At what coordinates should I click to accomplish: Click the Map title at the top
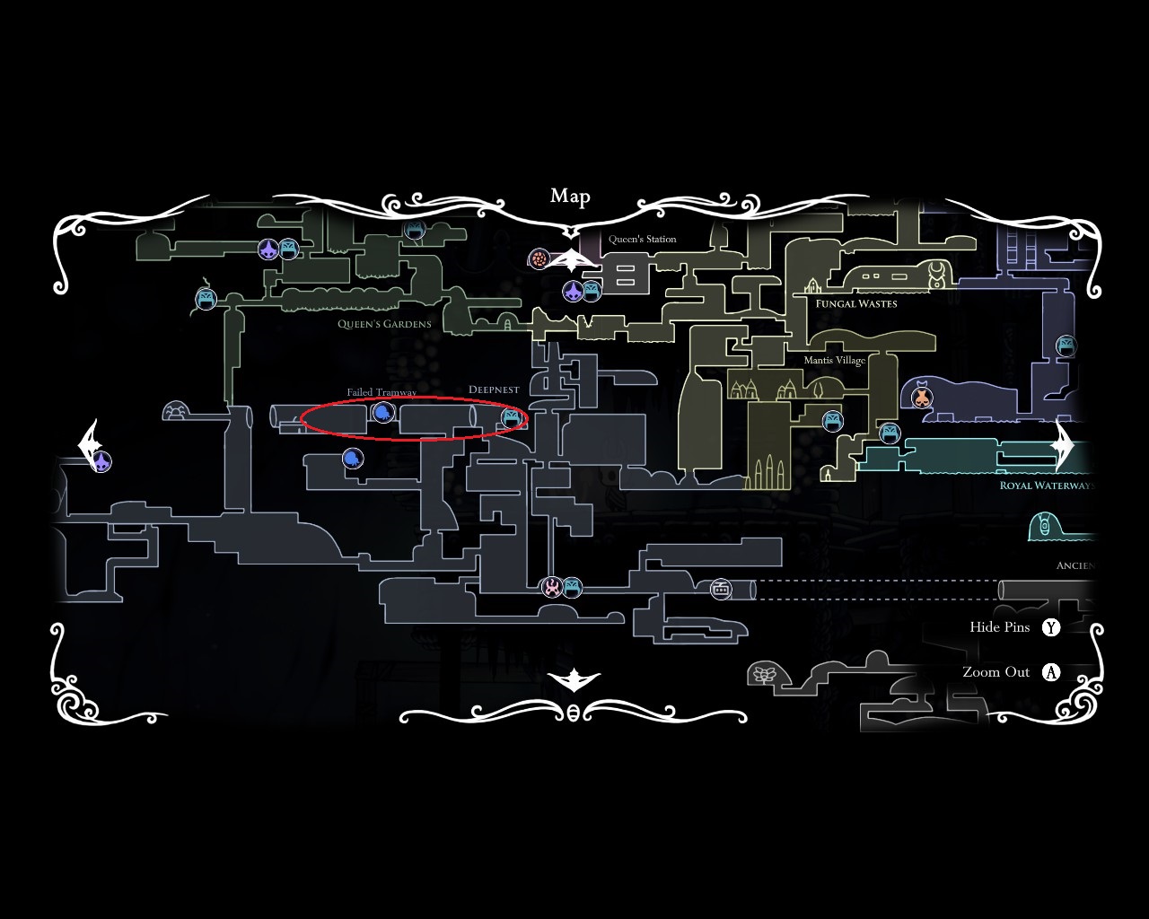coord(570,197)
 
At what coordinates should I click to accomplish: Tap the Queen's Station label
coord(642,240)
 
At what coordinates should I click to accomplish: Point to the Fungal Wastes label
coord(855,303)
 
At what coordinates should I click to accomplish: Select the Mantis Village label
coord(834,361)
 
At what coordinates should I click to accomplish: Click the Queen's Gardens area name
coord(384,324)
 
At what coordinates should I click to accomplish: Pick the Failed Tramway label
coord(382,393)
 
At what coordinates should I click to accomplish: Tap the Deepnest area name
coord(494,390)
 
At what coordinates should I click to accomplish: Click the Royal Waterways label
coord(1047,486)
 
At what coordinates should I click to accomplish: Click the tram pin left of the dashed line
coord(721,589)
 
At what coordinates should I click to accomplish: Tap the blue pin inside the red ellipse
coord(383,413)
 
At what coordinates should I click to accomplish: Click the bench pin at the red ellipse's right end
coord(512,417)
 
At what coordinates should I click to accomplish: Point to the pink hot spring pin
coord(551,588)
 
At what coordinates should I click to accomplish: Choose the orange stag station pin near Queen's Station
coord(539,258)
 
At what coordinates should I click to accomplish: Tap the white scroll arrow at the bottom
coord(573,681)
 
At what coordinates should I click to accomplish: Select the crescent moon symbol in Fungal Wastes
coord(937,268)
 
